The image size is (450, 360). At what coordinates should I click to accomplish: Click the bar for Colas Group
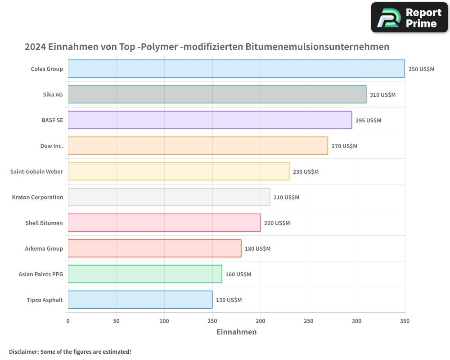tap(236, 69)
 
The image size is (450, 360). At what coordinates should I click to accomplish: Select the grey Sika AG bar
tap(217, 94)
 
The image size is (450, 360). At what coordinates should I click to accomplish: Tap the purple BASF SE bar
tap(210, 120)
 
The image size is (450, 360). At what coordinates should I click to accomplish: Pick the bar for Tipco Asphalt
tap(140, 300)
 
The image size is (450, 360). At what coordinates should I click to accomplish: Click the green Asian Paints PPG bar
tap(145, 274)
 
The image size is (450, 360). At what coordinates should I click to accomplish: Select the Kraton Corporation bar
tap(169, 197)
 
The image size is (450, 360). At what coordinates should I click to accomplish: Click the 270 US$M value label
tap(344, 146)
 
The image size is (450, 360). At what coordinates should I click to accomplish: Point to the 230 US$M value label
tap(306, 171)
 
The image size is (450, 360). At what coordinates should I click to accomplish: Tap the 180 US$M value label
tap(257, 248)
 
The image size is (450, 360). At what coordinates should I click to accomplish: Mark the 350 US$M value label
tap(421, 69)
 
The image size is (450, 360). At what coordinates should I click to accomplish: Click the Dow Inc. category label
tap(52, 146)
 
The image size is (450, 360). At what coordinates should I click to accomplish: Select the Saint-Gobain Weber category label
tap(36, 171)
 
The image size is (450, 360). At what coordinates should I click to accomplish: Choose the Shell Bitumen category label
tap(44, 223)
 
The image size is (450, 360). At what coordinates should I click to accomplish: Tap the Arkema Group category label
tap(44, 248)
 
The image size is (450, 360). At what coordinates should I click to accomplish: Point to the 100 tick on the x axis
tap(164, 321)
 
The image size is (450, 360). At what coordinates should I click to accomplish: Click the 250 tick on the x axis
tap(309, 321)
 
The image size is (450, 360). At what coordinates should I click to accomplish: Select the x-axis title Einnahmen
tap(237, 332)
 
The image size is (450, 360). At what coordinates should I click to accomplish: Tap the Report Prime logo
tap(409, 18)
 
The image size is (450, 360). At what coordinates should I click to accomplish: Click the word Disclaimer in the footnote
tap(23, 351)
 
